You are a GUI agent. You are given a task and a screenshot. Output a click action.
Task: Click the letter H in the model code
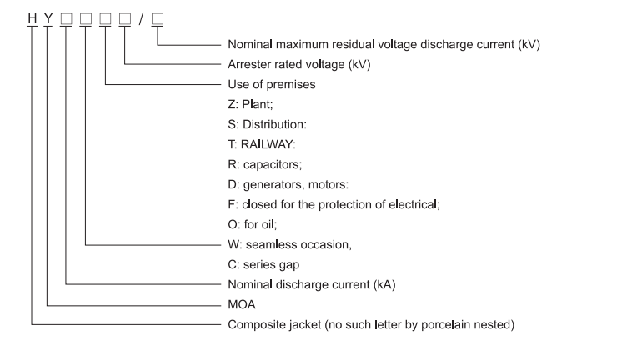coord(33,18)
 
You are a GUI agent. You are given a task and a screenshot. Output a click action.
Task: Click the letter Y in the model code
coord(48,18)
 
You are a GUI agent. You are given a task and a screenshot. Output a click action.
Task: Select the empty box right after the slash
coord(158,18)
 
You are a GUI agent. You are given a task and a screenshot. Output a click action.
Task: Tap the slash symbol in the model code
coord(141,18)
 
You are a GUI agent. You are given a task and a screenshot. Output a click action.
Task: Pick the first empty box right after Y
coord(66,18)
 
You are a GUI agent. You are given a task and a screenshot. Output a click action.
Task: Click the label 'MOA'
coord(242,304)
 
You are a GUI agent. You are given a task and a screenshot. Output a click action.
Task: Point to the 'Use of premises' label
coord(272,84)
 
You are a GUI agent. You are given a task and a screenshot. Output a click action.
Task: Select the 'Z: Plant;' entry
coord(251,104)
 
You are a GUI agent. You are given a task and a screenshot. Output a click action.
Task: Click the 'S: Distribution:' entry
coord(268,124)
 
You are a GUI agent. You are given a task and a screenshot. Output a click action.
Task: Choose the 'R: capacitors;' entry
coord(265,164)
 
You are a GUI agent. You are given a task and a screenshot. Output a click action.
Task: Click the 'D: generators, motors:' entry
coord(288,184)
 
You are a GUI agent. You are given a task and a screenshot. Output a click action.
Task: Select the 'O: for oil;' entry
coord(253,224)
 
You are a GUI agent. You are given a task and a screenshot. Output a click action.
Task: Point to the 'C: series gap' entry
coord(263,264)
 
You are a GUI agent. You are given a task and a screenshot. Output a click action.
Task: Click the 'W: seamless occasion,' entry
coord(290,245)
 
